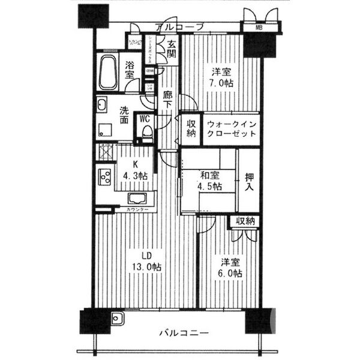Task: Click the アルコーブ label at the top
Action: point(179,27)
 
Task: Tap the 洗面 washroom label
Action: point(124,115)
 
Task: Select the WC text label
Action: point(145,119)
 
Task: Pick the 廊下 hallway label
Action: point(168,98)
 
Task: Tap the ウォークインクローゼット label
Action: point(231,128)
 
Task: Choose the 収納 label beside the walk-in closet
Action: point(190,128)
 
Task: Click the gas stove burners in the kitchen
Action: point(105,178)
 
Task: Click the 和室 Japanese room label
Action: point(209,175)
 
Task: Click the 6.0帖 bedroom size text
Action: point(230,274)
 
